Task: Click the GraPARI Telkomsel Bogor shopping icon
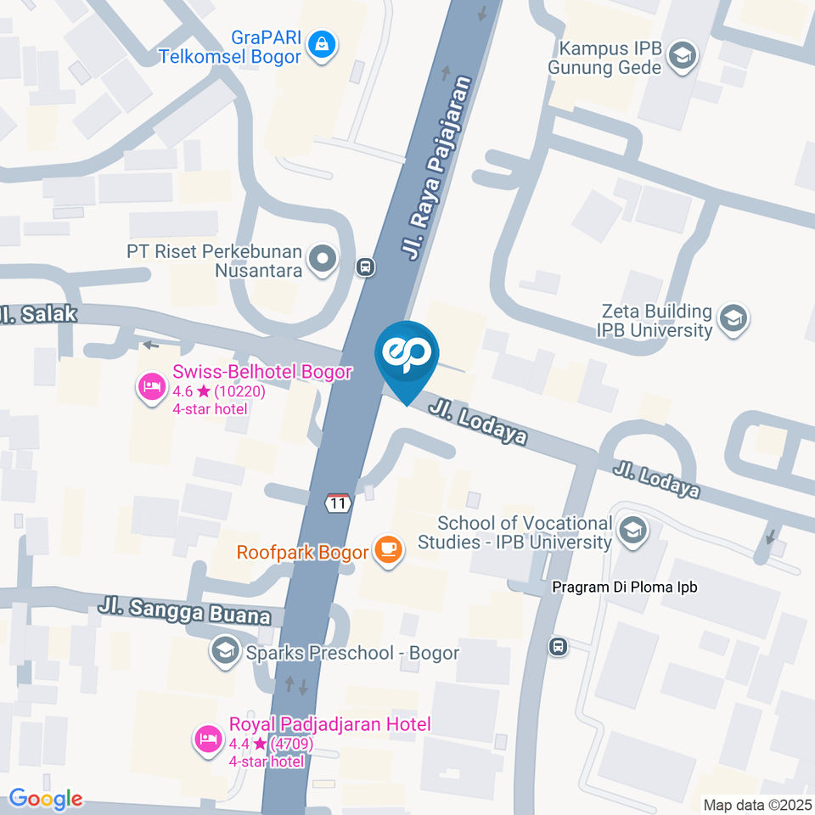(322, 43)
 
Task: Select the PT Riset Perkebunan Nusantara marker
(323, 260)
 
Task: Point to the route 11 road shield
(339, 503)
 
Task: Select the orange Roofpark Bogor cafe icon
(389, 551)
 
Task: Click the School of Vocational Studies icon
(632, 531)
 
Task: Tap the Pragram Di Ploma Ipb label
(624, 587)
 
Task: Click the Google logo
(45, 798)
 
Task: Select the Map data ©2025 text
(756, 804)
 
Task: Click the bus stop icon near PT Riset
(366, 267)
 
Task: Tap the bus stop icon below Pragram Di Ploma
(559, 646)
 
